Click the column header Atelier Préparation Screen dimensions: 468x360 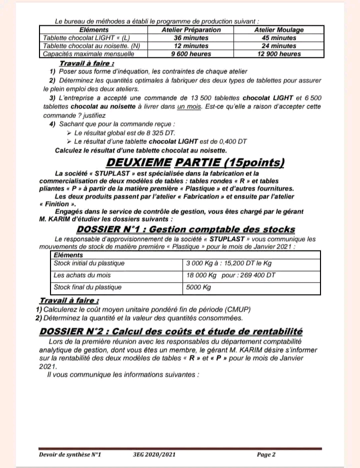coord(191,30)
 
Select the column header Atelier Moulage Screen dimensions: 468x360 coord(279,30)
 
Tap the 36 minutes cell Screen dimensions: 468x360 coord(191,38)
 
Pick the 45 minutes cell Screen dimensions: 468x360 coord(279,38)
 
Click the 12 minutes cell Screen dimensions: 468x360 coord(191,46)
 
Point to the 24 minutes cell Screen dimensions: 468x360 coord(279,46)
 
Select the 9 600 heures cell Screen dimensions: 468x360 coord(191,54)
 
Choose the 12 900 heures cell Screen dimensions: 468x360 coord(279,54)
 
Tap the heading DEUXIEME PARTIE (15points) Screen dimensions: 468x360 coord(196,162)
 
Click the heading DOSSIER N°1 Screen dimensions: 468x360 coord(185,230)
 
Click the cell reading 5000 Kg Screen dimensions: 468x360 coord(198,287)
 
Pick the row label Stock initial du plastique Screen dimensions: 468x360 coord(89,263)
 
